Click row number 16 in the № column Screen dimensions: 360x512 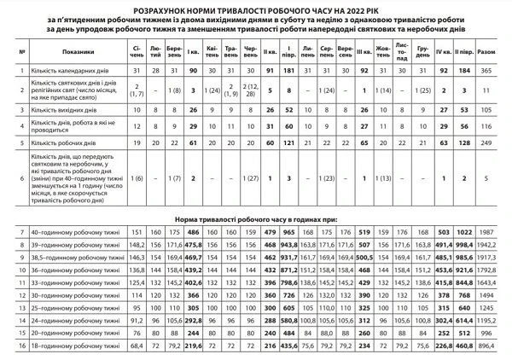click(x=20, y=346)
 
